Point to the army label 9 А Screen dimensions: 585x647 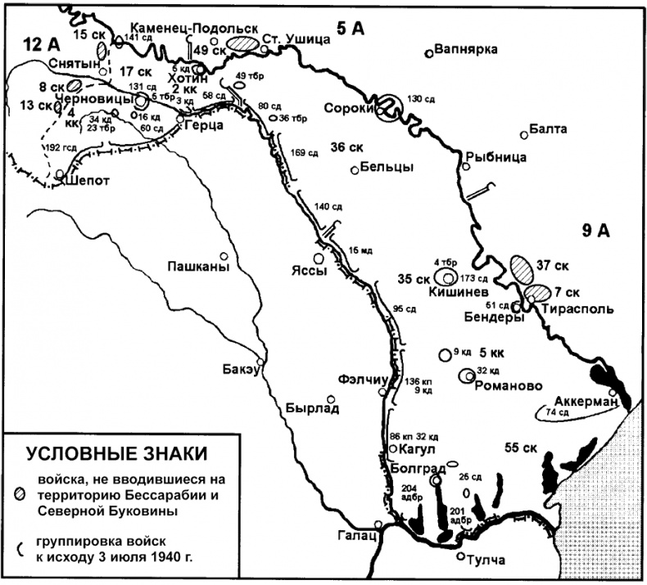[x=597, y=231]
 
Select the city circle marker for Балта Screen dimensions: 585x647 [x=523, y=136]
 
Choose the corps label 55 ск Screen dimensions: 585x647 [x=521, y=448]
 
